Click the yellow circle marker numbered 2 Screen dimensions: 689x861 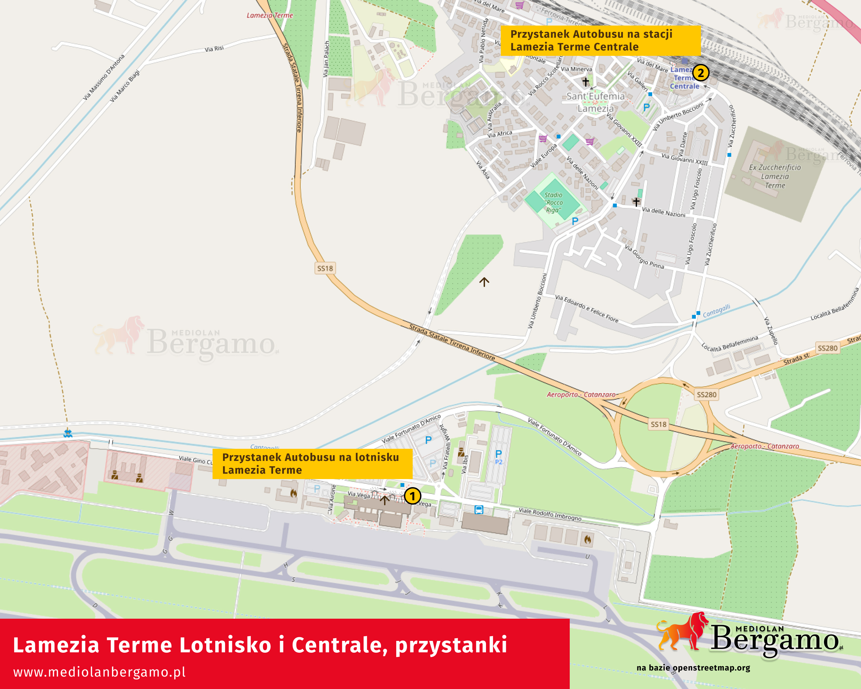701,73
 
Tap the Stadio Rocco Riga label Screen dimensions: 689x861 554,203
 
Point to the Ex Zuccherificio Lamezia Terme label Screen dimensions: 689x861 775,176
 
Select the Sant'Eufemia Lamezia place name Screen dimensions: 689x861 595,102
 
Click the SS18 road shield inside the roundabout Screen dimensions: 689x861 659,424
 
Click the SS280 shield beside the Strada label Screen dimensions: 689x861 827,348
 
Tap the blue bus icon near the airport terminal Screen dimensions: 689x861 479,510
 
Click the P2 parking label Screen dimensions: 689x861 499,462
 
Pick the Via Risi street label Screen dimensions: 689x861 214,49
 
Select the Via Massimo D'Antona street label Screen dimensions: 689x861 104,77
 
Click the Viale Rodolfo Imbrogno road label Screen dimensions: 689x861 550,514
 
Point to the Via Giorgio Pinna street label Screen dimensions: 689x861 644,257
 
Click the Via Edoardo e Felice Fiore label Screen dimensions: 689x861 587,309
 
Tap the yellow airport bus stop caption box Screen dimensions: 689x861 312,464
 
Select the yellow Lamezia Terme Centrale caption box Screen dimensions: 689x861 600,40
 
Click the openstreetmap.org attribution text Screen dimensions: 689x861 693,668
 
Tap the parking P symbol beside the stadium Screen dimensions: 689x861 575,221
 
